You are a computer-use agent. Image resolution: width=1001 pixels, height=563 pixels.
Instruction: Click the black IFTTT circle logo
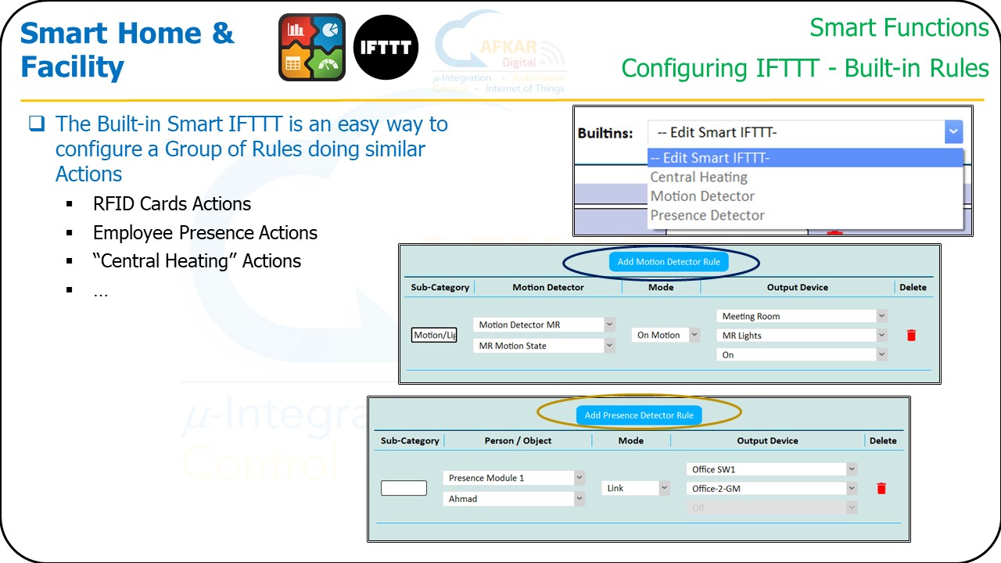pyautogui.click(x=386, y=47)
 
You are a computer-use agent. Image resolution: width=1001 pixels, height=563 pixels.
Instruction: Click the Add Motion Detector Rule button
pyautogui.click(x=669, y=262)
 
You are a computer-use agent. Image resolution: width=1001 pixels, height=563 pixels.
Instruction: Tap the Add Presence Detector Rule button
pyautogui.click(x=639, y=415)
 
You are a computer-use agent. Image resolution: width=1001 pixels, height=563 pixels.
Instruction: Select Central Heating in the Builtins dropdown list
pyautogui.click(x=699, y=178)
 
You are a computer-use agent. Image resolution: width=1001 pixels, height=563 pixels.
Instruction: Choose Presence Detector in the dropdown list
pyautogui.click(x=708, y=215)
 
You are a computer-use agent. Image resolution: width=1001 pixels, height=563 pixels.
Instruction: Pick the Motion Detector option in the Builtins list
pyautogui.click(x=702, y=196)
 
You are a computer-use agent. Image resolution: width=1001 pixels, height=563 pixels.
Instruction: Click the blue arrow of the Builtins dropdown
pyautogui.click(x=953, y=132)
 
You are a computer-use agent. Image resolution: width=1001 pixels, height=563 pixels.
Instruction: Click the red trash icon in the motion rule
pyautogui.click(x=911, y=335)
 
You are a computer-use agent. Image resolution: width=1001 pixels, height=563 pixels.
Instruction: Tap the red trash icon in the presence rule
pyautogui.click(x=881, y=489)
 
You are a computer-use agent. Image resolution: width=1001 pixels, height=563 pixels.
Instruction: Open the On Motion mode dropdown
pyautogui.click(x=666, y=335)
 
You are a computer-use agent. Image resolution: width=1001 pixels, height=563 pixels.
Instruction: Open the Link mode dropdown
pyautogui.click(x=636, y=488)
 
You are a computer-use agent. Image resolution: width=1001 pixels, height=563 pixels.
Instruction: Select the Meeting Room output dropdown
pyautogui.click(x=802, y=317)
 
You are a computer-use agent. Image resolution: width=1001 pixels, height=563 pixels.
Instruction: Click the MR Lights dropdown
pyautogui.click(x=802, y=335)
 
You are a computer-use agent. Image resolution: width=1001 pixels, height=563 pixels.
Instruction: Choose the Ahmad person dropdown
pyautogui.click(x=514, y=499)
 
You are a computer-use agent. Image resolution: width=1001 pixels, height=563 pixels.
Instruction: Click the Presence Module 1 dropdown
pyautogui.click(x=514, y=478)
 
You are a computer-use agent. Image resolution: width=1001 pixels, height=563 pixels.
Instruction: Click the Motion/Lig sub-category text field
pyautogui.click(x=434, y=335)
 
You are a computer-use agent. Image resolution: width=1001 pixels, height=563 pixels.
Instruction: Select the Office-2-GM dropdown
pyautogui.click(x=772, y=489)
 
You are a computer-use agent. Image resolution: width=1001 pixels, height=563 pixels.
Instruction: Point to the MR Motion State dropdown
pyautogui.click(x=544, y=346)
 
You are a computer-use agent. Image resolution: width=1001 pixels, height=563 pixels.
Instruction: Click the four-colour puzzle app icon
pyautogui.click(x=312, y=47)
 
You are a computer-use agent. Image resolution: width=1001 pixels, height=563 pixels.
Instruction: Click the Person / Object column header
pyautogui.click(x=518, y=441)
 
